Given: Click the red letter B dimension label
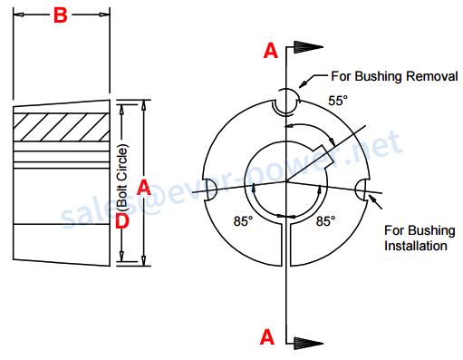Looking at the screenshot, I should tap(60, 15).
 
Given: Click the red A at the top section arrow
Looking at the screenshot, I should tap(270, 51).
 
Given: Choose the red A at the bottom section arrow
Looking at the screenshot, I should tap(267, 336).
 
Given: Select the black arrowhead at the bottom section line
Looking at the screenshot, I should tap(306, 344).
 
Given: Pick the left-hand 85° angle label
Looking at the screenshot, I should tap(244, 220).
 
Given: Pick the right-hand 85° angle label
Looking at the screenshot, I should tap(324, 220).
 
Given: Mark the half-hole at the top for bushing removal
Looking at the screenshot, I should tap(286, 102).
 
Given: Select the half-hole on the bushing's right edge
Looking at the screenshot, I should tap(362, 190).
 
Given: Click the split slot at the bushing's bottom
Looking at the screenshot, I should tap(286, 245).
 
